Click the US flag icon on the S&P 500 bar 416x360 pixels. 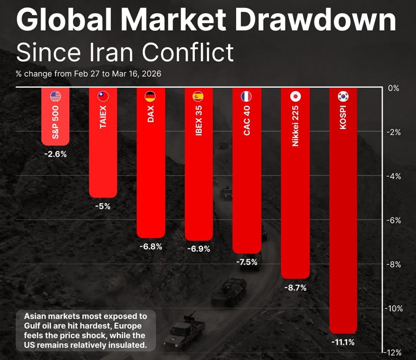pos(56,97)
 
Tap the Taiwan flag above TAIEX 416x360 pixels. pos(103,97)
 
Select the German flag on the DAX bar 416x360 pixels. pos(151,97)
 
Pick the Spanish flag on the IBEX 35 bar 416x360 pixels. pos(198,97)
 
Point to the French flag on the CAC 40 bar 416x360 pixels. pos(246,97)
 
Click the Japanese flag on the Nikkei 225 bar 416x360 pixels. pos(295,97)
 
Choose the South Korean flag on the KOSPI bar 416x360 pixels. pos(343,97)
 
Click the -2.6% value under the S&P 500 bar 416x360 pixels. pos(55,154)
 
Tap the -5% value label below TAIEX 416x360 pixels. pos(103,206)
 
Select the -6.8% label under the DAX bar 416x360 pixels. pos(151,246)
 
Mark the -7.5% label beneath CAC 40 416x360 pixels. pos(247,263)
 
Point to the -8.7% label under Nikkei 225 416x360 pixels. pos(295,288)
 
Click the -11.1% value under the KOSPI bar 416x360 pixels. pos(343,343)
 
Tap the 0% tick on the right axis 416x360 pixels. pos(393,88)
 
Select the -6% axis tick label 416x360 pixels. pos(393,221)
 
